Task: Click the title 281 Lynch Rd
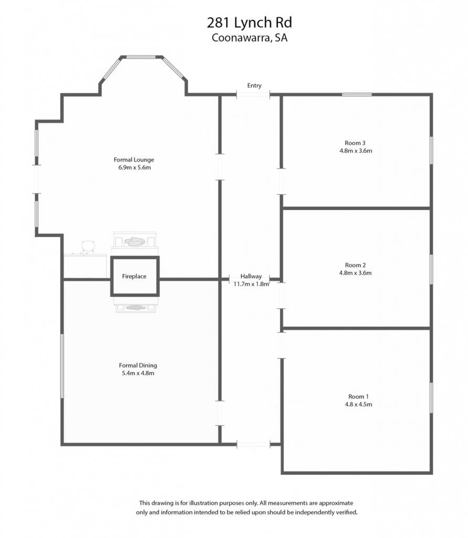(249, 23)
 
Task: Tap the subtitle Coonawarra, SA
(249, 37)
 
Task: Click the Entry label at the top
(254, 86)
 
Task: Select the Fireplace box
(135, 276)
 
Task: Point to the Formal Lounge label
(134, 160)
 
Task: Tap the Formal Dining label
(138, 366)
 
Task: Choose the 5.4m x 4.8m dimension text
(138, 374)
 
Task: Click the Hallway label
(251, 276)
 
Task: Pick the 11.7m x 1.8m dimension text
(251, 284)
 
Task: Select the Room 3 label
(355, 143)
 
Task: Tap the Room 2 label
(356, 265)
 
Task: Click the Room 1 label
(359, 397)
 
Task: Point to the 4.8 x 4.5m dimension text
(359, 405)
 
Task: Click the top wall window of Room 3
(357, 95)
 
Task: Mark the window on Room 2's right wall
(431, 270)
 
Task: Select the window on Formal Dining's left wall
(62, 366)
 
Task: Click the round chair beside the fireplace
(88, 246)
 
